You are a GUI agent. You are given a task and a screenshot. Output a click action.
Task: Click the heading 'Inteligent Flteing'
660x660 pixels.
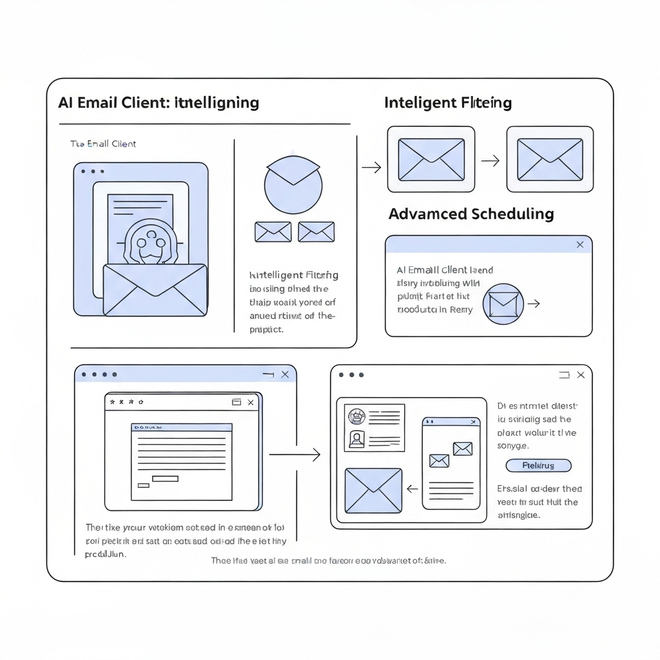click(447, 102)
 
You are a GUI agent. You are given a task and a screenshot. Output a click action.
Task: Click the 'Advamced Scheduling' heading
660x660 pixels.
click(471, 214)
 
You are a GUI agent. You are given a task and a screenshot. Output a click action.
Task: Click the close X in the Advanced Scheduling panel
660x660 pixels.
click(580, 244)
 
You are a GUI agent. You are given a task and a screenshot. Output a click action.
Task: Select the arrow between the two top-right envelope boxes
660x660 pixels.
click(490, 160)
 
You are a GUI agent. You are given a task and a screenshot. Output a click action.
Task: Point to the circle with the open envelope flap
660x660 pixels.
click(293, 182)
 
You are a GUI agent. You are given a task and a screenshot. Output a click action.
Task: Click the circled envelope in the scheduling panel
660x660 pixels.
click(503, 304)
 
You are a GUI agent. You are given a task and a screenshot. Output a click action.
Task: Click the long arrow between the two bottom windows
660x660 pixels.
click(295, 455)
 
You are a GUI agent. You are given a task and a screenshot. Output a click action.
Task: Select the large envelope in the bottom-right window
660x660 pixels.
click(373, 490)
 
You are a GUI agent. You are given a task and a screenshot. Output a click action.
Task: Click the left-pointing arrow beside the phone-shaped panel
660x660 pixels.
click(413, 489)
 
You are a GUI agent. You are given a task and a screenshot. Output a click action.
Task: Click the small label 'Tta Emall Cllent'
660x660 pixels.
click(103, 144)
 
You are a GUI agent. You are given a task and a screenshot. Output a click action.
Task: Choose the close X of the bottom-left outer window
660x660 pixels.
click(286, 374)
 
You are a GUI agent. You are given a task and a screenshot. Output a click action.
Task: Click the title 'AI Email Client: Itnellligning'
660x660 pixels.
click(159, 102)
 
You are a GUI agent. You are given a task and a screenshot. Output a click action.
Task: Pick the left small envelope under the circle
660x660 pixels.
click(273, 232)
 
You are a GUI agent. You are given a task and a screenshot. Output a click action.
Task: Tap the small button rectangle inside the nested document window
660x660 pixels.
click(165, 478)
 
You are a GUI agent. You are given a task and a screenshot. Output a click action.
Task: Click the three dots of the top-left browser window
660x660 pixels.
click(93, 172)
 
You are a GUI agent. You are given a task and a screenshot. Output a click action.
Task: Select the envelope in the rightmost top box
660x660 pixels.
click(550, 160)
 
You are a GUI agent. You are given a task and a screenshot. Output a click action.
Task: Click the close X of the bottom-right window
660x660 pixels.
click(581, 374)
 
